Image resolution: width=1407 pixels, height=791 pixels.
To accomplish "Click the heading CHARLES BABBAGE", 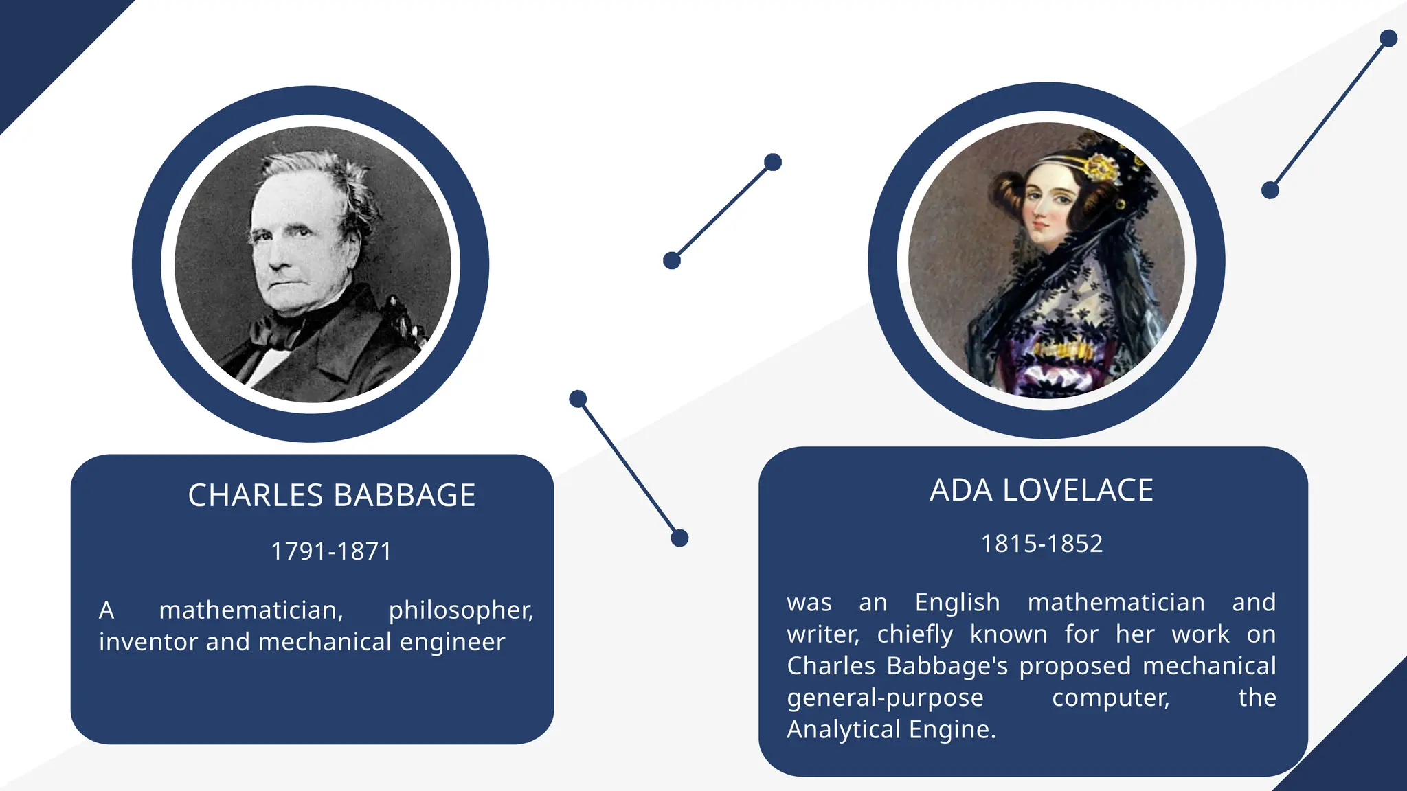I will click(x=331, y=495).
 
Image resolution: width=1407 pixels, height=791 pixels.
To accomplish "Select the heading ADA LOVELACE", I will click(x=1041, y=490).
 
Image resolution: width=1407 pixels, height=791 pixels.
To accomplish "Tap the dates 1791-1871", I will click(x=331, y=551).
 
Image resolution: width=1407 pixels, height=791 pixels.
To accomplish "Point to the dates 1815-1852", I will click(x=1042, y=544).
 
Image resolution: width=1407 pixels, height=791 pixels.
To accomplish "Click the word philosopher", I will click(x=460, y=610).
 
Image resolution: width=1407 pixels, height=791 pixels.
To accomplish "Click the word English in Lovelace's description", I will click(x=957, y=603).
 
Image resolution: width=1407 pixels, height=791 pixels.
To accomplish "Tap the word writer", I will click(x=822, y=634).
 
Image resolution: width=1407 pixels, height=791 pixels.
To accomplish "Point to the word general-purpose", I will click(x=885, y=698).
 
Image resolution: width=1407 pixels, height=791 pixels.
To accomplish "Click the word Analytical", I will click(x=844, y=729).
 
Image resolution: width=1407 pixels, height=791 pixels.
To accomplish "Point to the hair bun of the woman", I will click(x=1007, y=190).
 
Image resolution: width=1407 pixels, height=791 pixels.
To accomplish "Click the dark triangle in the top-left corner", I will click(x=41, y=41).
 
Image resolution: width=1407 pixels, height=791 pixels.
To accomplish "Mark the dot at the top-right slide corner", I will click(x=1388, y=38).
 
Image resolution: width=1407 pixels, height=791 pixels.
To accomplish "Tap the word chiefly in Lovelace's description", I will click(x=914, y=634).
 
